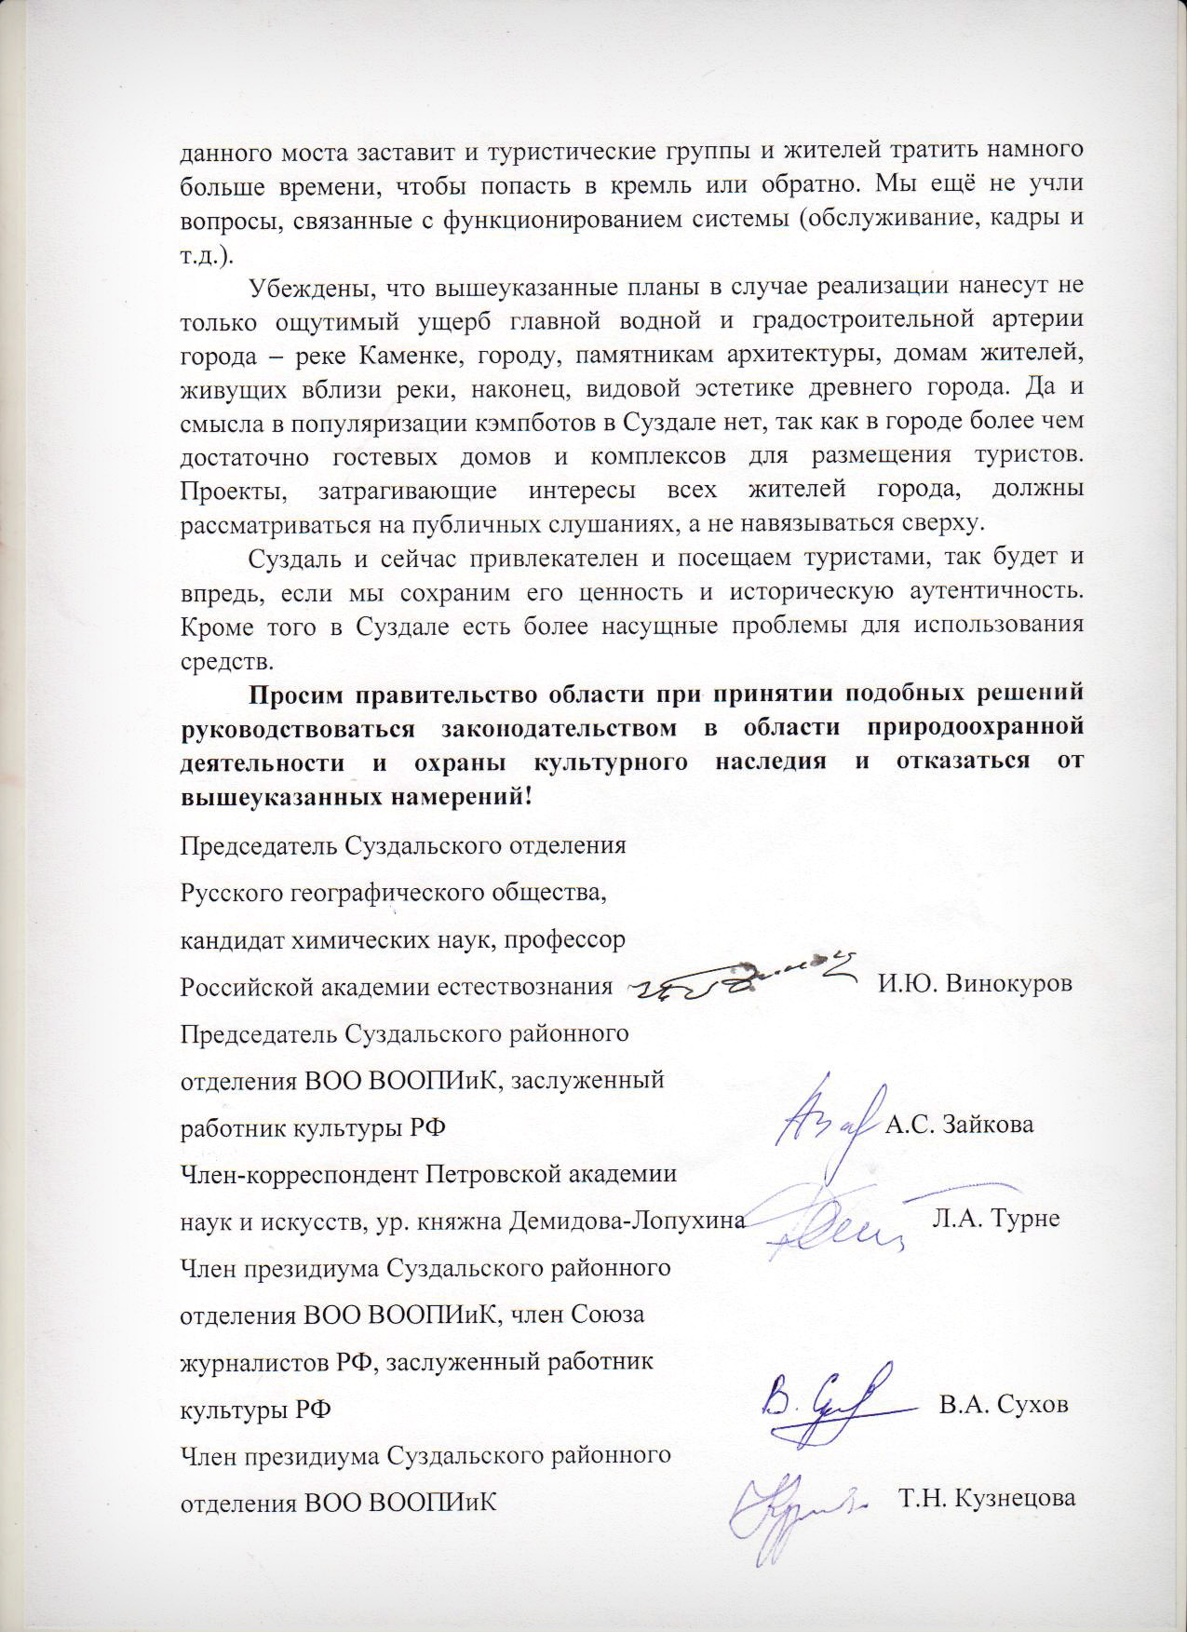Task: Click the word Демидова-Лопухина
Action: [x=627, y=1220]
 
